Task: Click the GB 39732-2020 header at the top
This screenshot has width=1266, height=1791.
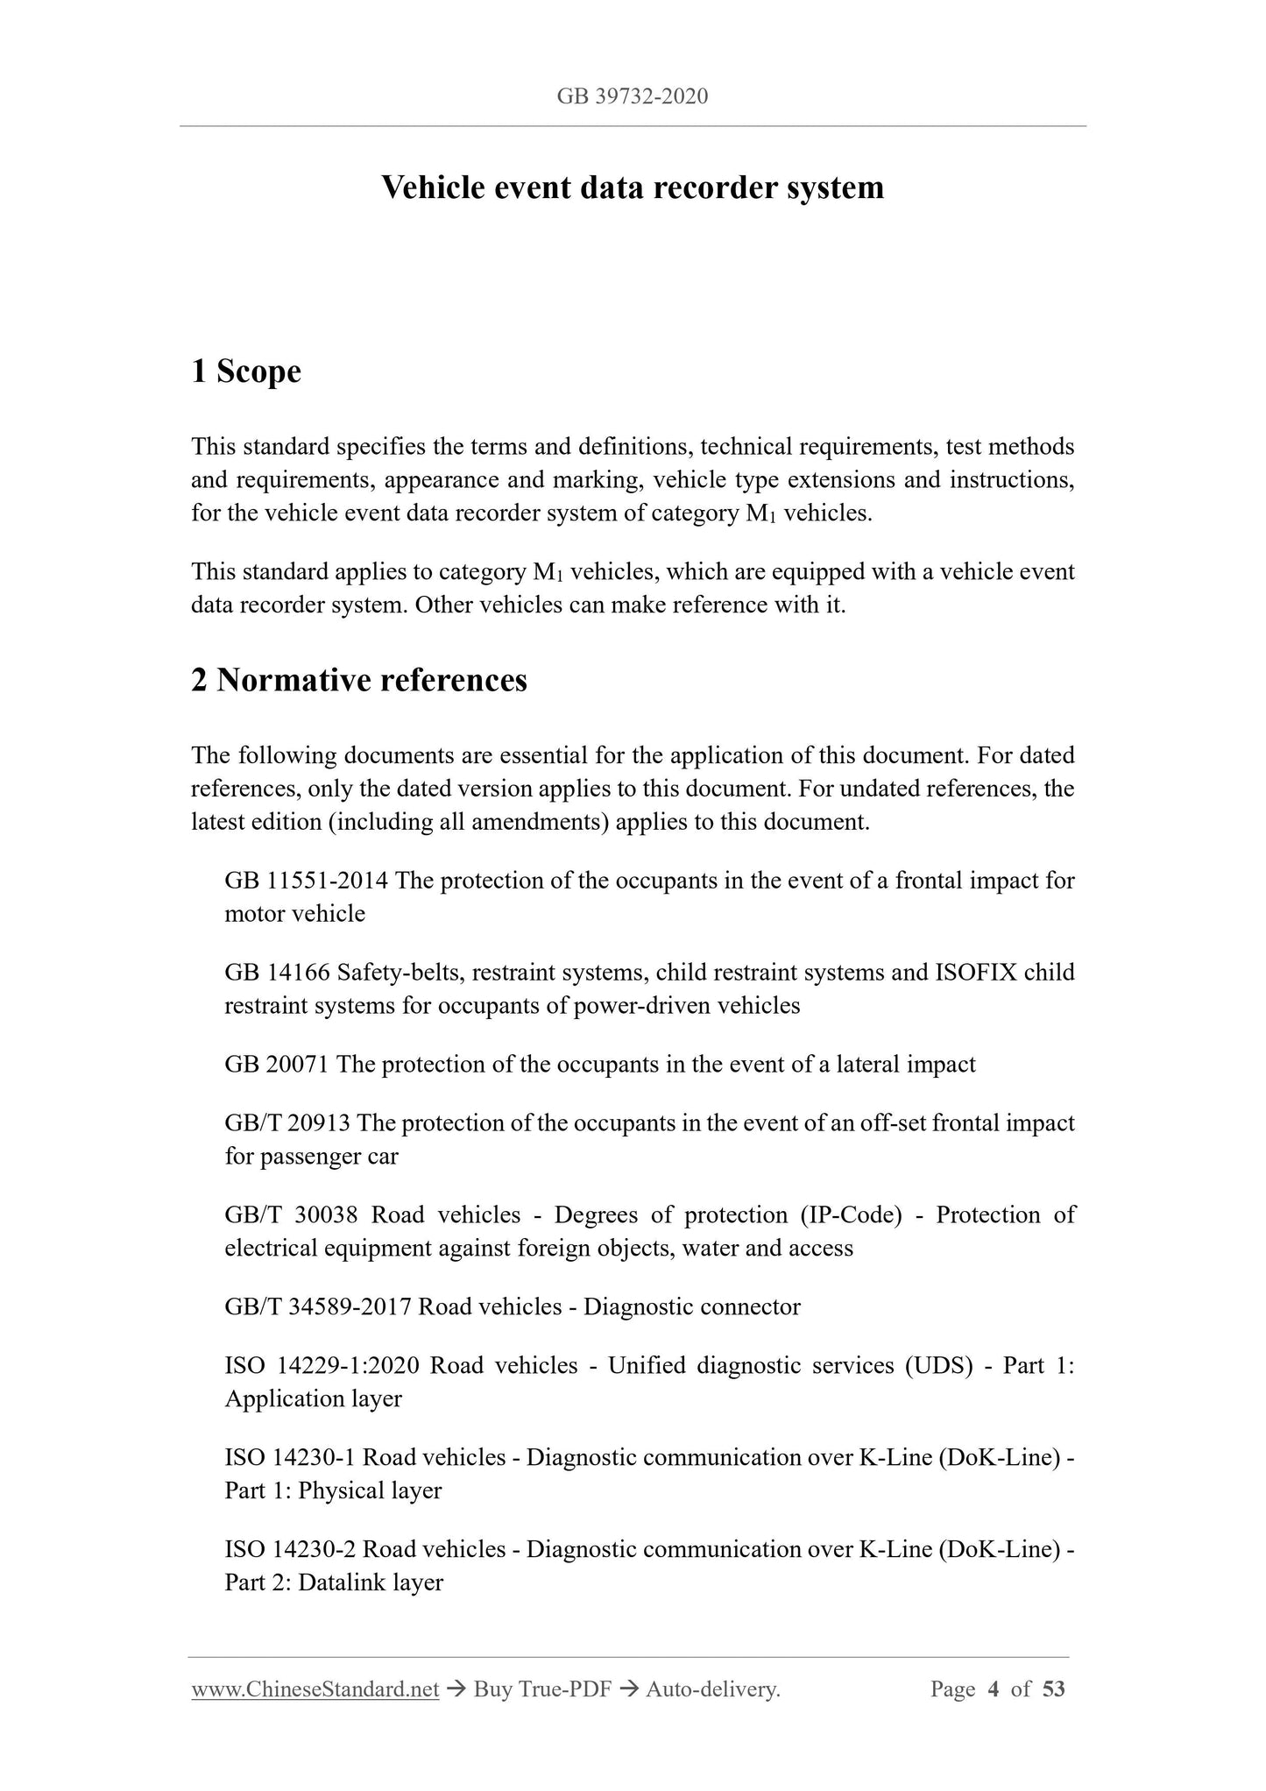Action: point(632,96)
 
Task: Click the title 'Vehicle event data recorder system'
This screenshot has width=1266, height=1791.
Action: point(632,188)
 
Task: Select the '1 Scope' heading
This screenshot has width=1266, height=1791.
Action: point(246,372)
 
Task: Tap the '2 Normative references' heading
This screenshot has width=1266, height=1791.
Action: point(359,680)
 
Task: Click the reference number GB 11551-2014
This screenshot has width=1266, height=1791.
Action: point(306,881)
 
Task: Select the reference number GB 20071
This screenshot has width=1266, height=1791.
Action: point(276,1065)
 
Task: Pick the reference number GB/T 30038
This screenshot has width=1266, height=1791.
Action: point(291,1215)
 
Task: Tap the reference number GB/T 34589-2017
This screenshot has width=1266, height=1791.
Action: point(317,1307)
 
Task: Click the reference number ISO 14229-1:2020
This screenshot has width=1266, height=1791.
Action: point(322,1366)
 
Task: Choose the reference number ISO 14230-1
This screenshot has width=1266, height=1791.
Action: point(290,1458)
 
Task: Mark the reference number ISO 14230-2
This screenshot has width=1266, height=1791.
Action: point(290,1550)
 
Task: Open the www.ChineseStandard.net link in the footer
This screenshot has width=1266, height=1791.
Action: point(315,1689)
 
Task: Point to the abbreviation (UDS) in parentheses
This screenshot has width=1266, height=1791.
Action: point(939,1366)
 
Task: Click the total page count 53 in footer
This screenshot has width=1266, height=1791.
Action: point(1054,1689)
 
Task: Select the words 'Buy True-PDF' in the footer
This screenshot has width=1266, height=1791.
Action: point(541,1689)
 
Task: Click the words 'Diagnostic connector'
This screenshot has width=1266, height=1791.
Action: point(691,1307)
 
